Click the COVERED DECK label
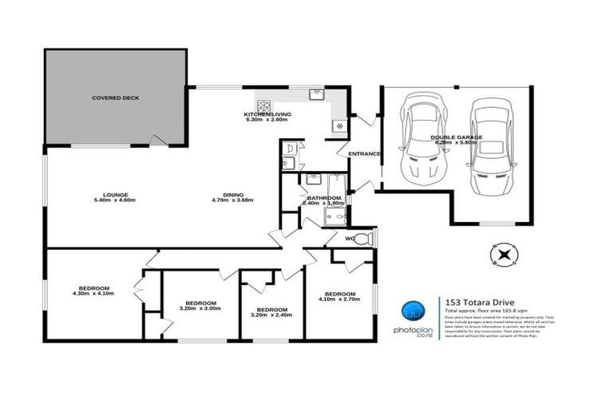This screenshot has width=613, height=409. point(115,98)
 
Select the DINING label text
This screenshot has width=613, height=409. point(233,195)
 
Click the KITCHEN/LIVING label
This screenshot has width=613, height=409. point(267,115)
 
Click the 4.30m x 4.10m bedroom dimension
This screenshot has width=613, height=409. point(93,294)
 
